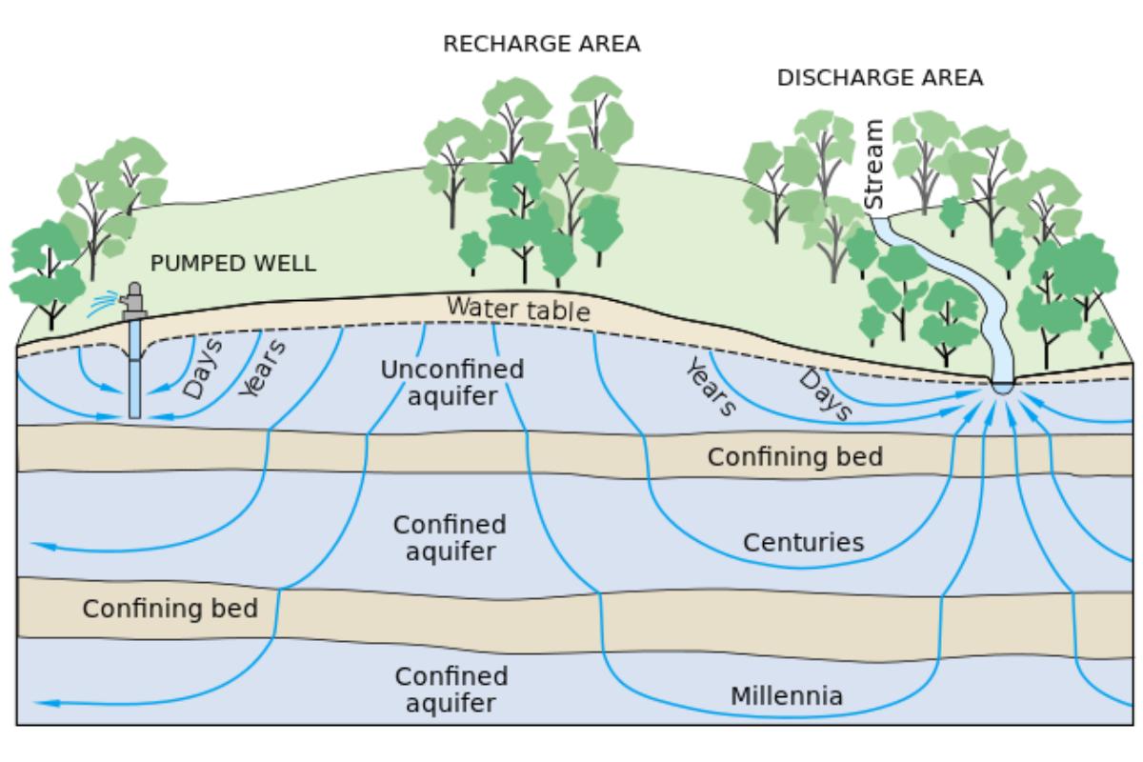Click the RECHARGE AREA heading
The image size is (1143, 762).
click(x=542, y=44)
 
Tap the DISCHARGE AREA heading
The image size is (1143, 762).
click(x=880, y=78)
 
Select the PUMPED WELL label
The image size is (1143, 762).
click(x=233, y=264)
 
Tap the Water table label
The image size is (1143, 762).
click(x=518, y=310)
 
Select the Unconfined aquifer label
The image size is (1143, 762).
click(x=451, y=382)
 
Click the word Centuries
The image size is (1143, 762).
click(x=803, y=543)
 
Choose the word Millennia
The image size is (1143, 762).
click(x=787, y=696)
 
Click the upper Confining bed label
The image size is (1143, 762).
click(x=794, y=456)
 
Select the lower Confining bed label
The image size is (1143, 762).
click(x=170, y=608)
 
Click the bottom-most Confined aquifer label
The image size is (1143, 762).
click(x=451, y=690)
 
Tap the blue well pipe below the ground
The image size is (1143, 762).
click(x=135, y=376)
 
